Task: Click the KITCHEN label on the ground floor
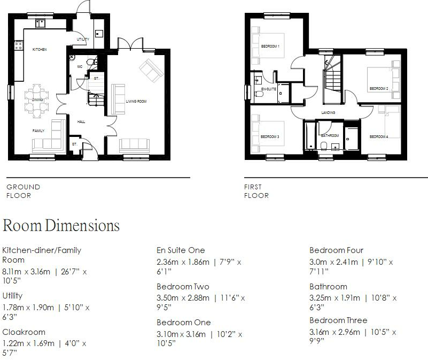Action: pyautogui.click(x=40, y=49)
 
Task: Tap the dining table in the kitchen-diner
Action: pyautogui.click(x=37, y=99)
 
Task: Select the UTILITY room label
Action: pyautogui.click(x=83, y=40)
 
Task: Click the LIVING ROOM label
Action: pyautogui.click(x=136, y=101)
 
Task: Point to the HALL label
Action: pyautogui.click(x=81, y=121)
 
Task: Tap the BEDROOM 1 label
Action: pyautogui.click(x=270, y=47)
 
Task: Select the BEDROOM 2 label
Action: pyautogui.click(x=378, y=88)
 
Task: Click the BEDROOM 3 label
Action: pyautogui.click(x=270, y=136)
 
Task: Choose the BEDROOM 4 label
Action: pyautogui.click(x=378, y=137)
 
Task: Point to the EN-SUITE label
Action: pyautogui.click(x=268, y=89)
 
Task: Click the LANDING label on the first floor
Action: pyautogui.click(x=328, y=112)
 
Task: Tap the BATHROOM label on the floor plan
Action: pyautogui.click(x=330, y=135)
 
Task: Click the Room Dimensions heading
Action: pyautogui.click(x=61, y=225)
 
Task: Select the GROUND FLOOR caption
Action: pyautogui.click(x=23, y=191)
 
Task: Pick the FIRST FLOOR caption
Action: pyautogui.click(x=256, y=191)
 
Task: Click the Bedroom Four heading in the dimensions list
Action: pyautogui.click(x=336, y=250)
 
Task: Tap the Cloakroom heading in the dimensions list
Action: pyautogui.click(x=24, y=332)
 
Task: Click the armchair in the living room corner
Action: pyautogui.click(x=150, y=71)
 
